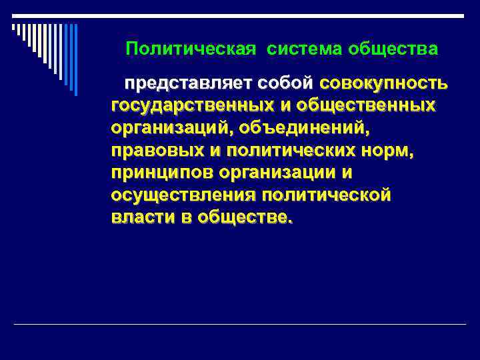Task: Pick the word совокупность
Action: click(x=384, y=84)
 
